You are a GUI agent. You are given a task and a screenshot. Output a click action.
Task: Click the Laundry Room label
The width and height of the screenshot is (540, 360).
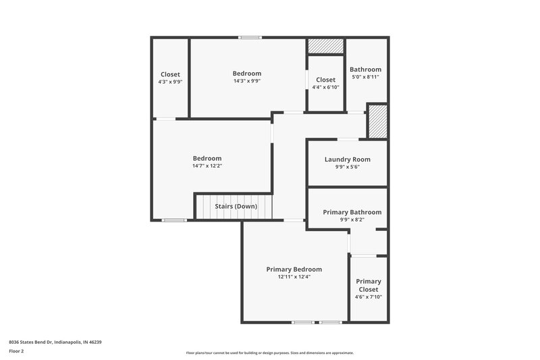pos(347,159)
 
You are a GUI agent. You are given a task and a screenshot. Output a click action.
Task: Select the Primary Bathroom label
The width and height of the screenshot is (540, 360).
pos(352,212)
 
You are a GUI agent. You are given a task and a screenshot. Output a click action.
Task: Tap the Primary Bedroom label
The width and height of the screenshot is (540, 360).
pos(294,269)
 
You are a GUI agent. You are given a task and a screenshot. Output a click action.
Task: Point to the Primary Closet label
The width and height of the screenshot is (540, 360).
pos(368,285)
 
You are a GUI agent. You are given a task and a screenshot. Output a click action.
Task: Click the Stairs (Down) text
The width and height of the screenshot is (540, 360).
pos(236,206)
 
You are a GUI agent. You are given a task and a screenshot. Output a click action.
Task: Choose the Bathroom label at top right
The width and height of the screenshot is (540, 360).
pos(365,69)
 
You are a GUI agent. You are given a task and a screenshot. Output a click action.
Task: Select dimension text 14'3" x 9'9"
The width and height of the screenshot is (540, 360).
pos(246,81)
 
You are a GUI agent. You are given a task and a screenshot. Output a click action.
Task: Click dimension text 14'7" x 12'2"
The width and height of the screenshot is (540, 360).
pos(207,165)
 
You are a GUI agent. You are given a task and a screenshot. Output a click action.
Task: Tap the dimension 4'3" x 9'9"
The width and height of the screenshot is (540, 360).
pos(169,82)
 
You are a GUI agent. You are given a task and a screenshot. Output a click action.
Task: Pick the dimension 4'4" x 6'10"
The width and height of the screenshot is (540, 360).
pos(325,87)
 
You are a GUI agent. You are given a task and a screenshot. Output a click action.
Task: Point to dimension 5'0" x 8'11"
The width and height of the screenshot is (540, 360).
pos(365,77)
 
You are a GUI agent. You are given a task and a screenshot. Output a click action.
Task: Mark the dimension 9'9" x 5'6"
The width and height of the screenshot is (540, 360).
pos(347,167)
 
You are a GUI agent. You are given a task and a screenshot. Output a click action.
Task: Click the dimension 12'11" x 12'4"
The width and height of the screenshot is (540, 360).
pos(294,276)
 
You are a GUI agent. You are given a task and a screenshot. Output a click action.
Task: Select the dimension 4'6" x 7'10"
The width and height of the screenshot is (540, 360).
pos(368,297)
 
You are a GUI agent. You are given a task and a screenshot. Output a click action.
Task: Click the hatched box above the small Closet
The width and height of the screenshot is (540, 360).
pos(326,46)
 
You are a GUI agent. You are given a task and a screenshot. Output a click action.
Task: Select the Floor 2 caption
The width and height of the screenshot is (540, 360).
pos(17,351)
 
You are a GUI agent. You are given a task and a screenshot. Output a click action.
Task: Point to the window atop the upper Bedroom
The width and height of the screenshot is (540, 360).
pos(250,37)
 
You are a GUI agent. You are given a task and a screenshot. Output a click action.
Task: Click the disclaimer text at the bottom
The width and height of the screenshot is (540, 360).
pos(269,353)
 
